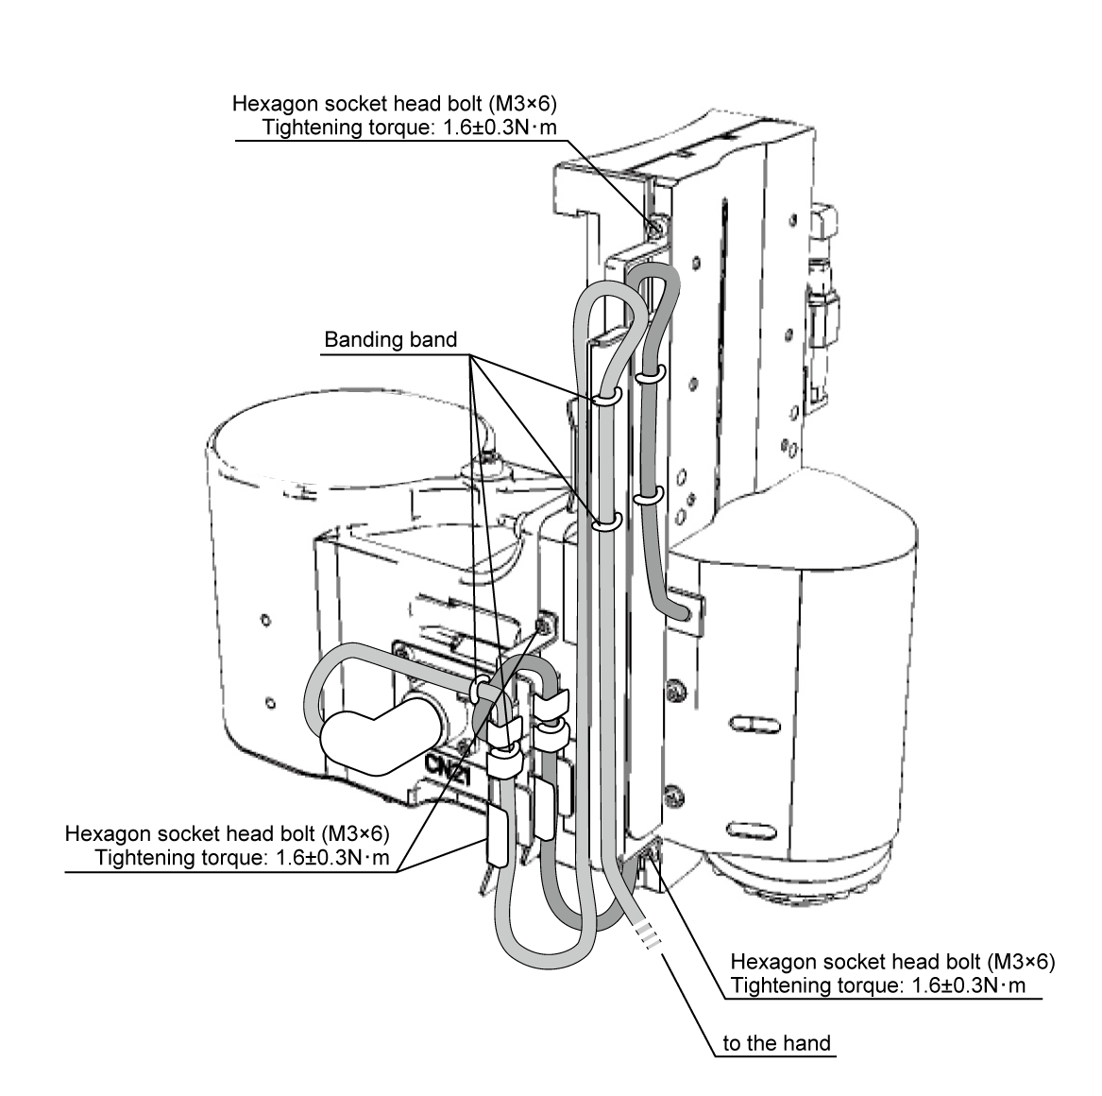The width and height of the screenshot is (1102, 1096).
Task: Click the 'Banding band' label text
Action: pyautogui.click(x=390, y=340)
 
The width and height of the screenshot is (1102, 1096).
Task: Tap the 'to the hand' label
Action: pyautogui.click(x=776, y=1043)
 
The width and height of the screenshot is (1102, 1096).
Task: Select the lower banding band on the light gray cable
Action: pyautogui.click(x=605, y=521)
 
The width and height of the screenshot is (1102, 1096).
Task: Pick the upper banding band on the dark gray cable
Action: pyautogui.click(x=647, y=376)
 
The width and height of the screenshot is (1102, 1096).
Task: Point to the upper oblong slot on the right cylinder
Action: pyautogui.click(x=754, y=725)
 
